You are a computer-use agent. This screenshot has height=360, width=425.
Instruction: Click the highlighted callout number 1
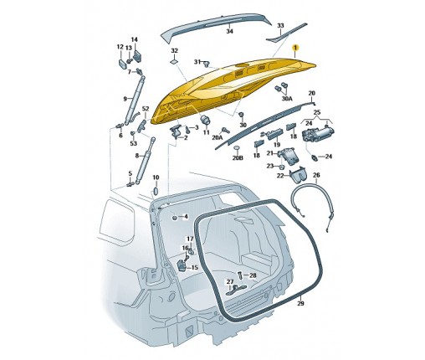click(294, 48)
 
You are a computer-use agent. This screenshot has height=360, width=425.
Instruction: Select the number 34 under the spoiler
click(229, 32)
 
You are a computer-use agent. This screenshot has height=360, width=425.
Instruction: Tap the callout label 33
click(280, 26)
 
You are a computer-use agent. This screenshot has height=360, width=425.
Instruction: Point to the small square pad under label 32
click(173, 61)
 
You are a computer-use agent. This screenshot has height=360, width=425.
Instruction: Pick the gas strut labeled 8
click(146, 161)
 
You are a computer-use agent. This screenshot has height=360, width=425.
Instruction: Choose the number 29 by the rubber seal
click(300, 303)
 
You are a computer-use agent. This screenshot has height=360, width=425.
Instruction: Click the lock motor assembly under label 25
click(318, 134)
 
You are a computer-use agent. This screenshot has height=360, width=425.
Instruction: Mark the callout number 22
click(280, 176)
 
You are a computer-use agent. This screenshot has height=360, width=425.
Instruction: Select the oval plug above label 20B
click(237, 148)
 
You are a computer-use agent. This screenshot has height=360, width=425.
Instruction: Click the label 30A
click(287, 99)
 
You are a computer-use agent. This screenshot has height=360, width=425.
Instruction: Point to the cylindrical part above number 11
click(206, 120)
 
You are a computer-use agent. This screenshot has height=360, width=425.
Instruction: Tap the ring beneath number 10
click(156, 191)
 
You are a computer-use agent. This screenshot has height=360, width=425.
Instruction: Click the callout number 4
click(185, 217)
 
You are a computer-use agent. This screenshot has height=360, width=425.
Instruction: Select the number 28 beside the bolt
click(253, 275)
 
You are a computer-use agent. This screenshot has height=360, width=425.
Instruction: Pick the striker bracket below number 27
click(236, 289)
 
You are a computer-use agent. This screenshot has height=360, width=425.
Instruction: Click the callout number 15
click(194, 267)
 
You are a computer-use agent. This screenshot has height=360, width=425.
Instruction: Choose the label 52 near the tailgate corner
click(146, 109)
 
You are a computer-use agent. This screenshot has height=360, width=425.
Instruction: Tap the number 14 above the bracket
click(134, 39)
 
